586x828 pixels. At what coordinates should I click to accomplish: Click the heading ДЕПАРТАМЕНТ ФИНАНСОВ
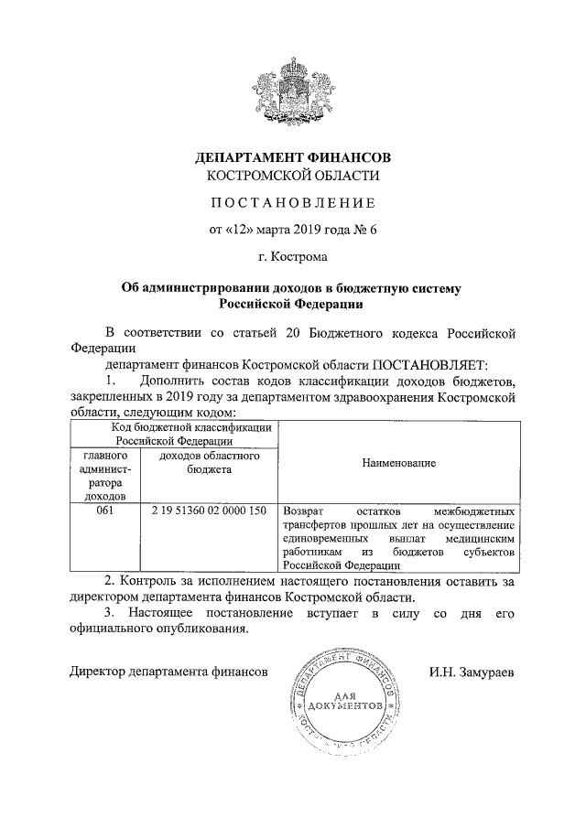coord(292,157)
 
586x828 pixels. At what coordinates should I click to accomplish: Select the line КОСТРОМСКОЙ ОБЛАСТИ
coord(292,175)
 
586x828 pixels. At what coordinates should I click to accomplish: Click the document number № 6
coord(364,229)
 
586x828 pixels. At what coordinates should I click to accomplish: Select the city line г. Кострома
coord(292,257)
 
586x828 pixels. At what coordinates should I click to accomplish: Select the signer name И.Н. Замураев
coord(471,672)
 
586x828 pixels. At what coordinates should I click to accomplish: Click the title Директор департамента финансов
coord(168,672)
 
